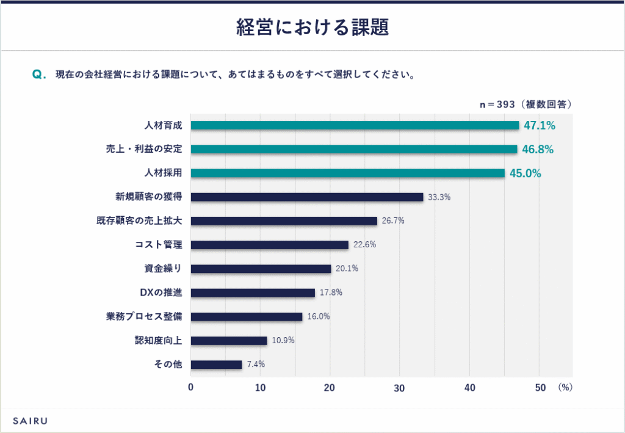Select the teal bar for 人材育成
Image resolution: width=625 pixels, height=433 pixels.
(355, 125)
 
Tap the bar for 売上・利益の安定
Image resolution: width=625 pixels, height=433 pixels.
(354, 149)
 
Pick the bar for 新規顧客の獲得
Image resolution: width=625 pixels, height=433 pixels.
(307, 197)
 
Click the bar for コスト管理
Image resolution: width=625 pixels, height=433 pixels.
(269, 245)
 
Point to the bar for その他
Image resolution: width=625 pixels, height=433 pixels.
(216, 365)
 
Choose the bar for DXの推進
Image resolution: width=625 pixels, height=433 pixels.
(253, 293)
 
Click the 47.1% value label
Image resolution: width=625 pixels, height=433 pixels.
(539, 125)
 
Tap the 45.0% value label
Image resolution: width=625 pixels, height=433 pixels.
(526, 173)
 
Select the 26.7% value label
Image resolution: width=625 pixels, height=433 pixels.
(393, 220)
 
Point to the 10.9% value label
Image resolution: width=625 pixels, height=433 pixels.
(283, 340)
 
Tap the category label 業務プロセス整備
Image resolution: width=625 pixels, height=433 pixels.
(144, 316)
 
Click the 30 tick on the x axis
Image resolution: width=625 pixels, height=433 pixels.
(400, 387)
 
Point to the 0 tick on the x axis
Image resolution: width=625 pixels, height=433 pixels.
(190, 387)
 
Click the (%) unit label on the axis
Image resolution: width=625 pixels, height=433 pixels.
(565, 387)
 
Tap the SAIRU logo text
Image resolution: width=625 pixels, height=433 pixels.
(30, 421)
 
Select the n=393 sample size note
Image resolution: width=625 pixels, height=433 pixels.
(526, 104)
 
